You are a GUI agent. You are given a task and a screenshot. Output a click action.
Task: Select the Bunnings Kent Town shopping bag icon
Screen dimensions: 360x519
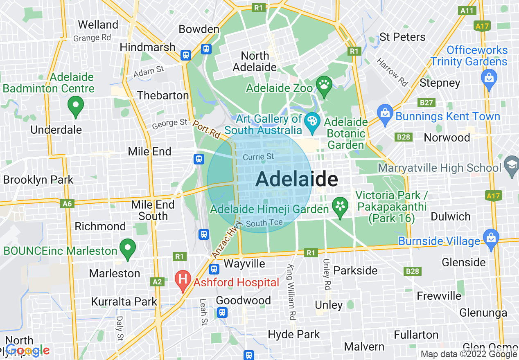pyautogui.click(x=385, y=112)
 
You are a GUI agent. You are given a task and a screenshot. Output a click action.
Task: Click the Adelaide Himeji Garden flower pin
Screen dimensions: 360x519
pyautogui.click(x=340, y=206)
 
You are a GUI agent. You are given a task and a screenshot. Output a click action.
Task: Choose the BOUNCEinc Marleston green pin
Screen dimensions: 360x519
pyautogui.click(x=128, y=248)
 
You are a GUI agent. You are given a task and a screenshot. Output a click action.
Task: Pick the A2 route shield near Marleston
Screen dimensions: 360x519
pyautogui.click(x=157, y=281)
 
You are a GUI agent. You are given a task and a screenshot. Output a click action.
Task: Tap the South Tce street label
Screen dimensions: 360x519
pyautogui.click(x=264, y=223)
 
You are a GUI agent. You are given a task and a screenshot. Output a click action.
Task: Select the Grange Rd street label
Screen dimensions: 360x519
pyautogui.click(x=92, y=38)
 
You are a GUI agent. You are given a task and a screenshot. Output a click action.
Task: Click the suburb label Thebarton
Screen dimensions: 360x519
pyautogui.click(x=163, y=95)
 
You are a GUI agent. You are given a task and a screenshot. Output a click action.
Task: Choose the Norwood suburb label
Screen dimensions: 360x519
pyautogui.click(x=447, y=137)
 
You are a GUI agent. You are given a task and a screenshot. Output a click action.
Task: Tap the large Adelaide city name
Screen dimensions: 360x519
pyautogui.click(x=297, y=179)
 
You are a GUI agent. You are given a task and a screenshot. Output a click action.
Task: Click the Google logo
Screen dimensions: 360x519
pyautogui.click(x=27, y=350)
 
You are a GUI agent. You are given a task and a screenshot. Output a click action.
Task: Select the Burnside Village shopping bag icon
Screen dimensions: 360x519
pyautogui.click(x=490, y=237)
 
